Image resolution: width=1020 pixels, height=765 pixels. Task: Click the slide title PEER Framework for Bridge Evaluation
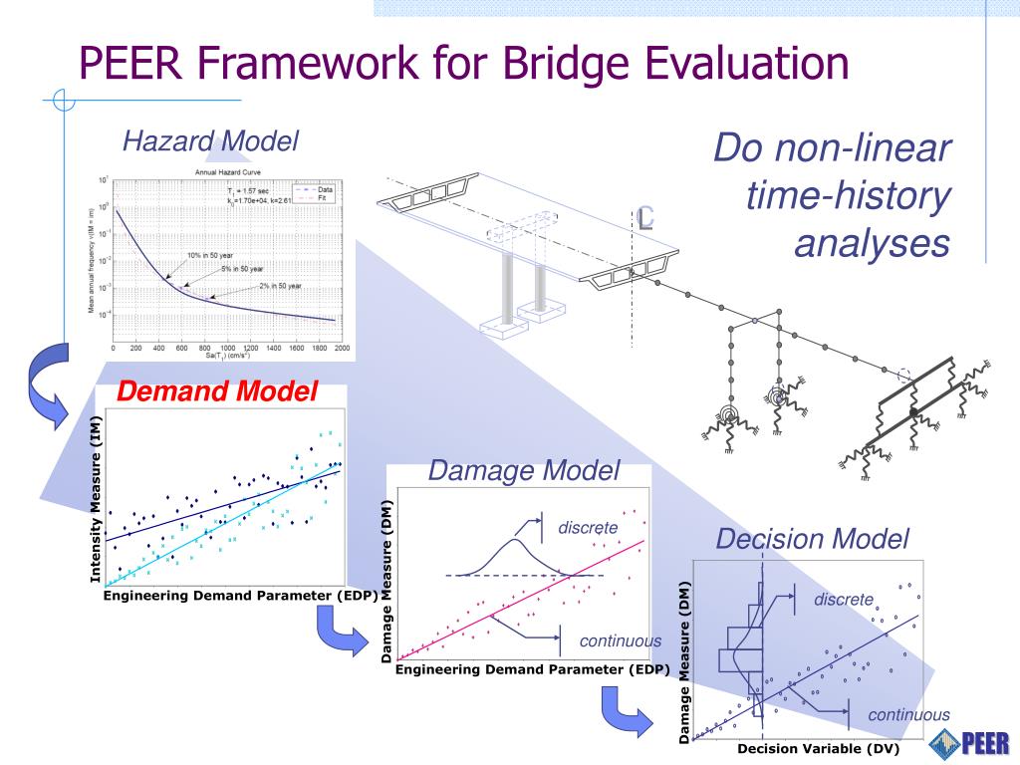[464, 63]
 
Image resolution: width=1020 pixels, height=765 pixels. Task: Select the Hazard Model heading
[210, 141]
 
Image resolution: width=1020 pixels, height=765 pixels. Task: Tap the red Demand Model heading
[216, 392]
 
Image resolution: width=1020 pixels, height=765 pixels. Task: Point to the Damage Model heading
[524, 470]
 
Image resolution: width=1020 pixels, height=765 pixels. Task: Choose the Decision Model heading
[812, 539]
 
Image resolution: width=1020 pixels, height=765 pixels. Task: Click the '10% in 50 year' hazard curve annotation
[202, 256]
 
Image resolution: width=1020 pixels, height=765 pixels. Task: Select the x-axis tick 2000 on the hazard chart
[341, 349]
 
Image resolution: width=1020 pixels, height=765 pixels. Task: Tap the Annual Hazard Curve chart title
[227, 172]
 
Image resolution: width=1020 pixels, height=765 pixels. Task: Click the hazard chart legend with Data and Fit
[316, 193]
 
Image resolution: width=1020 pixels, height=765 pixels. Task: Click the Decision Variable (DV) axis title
[803, 749]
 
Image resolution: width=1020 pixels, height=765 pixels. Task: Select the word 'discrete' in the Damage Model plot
[588, 527]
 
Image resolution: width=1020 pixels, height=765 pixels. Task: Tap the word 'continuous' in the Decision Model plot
[908, 714]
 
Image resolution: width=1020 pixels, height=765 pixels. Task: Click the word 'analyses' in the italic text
[872, 243]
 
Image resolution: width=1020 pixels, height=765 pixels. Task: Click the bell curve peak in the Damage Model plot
[514, 541]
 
